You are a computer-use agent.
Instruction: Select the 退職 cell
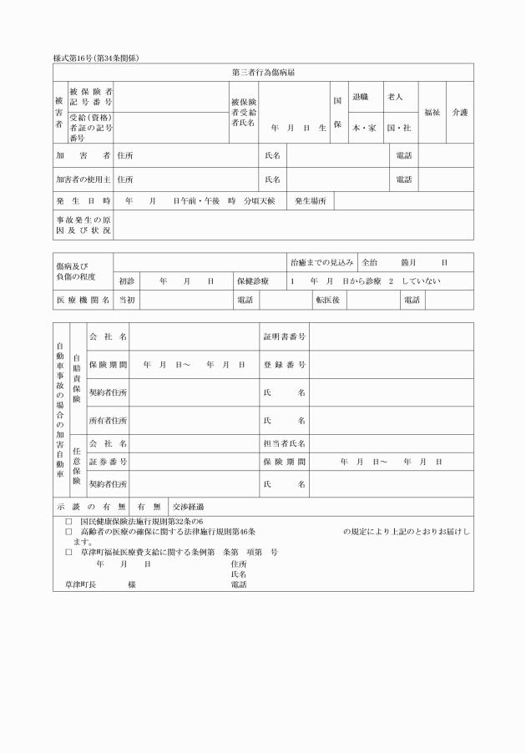(361, 98)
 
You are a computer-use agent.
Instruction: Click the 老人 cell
(396, 98)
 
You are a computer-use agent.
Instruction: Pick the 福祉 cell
(432, 112)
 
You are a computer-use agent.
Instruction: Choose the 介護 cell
(459, 112)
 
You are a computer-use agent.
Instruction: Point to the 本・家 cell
(363, 128)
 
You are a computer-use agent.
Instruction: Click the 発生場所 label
(310, 201)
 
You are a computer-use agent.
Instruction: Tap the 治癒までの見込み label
(321, 262)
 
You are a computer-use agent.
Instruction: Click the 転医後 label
(326, 300)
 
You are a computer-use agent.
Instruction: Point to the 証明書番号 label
(284, 336)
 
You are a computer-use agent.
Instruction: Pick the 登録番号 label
(284, 365)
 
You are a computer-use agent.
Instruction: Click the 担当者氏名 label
(284, 442)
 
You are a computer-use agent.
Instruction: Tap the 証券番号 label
(108, 462)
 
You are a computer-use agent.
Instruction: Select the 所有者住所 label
(108, 419)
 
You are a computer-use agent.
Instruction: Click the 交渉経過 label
(188, 507)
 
